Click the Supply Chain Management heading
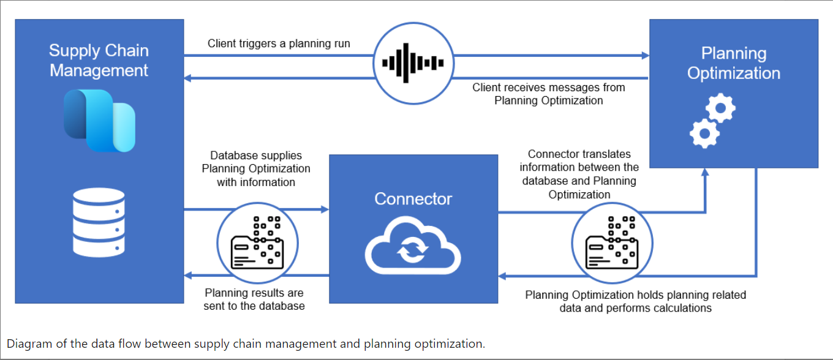coord(99,60)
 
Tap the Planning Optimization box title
coord(733,63)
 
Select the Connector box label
coord(413,199)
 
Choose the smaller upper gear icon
coord(720,109)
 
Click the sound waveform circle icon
coord(413,62)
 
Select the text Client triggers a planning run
coord(279,43)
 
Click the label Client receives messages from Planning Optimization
coord(549,94)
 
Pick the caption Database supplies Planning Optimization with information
coord(256,169)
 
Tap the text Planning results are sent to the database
coord(254,299)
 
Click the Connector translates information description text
coord(579,174)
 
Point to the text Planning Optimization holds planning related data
coord(635,301)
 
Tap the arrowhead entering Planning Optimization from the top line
coord(646,56)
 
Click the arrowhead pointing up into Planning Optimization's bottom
coord(705,173)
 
